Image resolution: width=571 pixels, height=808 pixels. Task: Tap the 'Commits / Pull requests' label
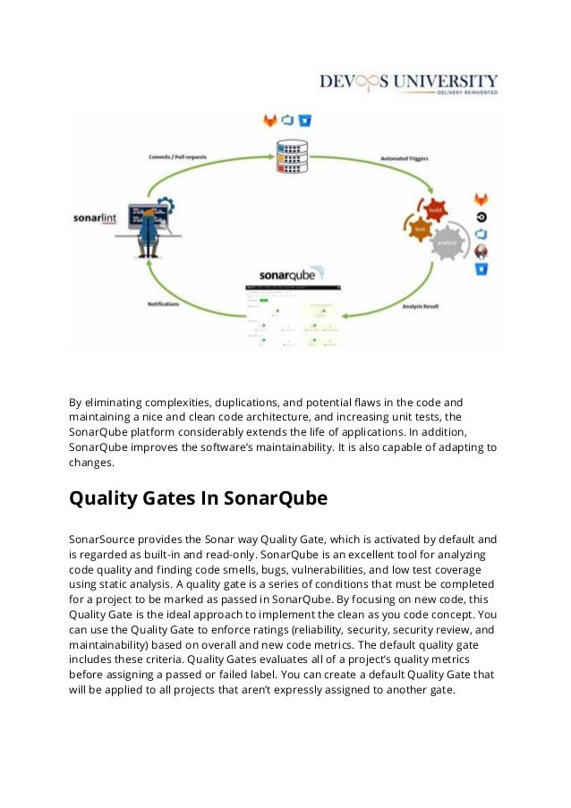click(x=178, y=157)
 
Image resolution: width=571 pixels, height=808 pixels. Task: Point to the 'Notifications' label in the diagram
click(x=164, y=303)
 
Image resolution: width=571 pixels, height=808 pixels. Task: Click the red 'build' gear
click(x=435, y=210)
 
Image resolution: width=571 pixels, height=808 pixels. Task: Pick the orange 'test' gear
click(x=419, y=230)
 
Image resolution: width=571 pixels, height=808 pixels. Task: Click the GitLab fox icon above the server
click(x=269, y=120)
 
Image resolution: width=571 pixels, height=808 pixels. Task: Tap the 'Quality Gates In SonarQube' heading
click(x=199, y=498)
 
